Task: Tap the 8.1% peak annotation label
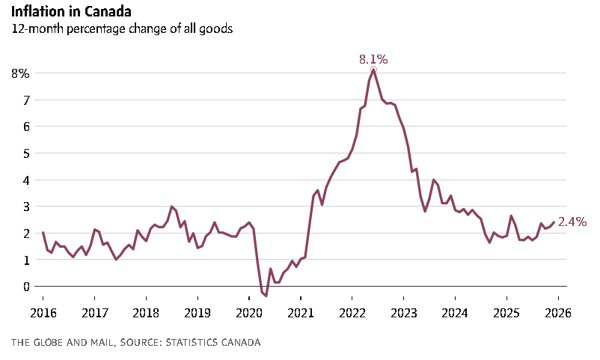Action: pos(373,59)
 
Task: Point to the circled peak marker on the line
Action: pos(373,70)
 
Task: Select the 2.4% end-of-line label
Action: pos(572,222)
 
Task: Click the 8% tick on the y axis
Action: pos(20,73)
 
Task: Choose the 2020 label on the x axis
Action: pos(249,312)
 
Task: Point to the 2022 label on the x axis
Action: pos(352,312)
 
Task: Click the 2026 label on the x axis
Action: pos(558,312)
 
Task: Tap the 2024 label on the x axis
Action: pos(455,312)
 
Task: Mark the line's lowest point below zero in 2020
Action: pos(266,296)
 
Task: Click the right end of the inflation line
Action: pos(554,222)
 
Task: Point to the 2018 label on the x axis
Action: pos(146,312)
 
